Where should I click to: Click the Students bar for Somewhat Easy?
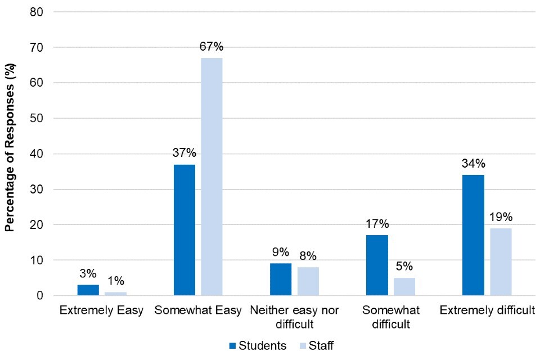point(184,230)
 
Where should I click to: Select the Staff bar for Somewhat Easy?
point(211,177)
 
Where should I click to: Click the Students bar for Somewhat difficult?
point(377,265)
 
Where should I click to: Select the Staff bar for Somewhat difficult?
point(404,286)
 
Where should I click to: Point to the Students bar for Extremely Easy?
point(88,290)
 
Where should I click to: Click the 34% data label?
point(473,164)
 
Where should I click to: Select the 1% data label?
point(116,281)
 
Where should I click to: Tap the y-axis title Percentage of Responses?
point(10,154)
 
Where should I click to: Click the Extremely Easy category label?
point(102,310)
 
